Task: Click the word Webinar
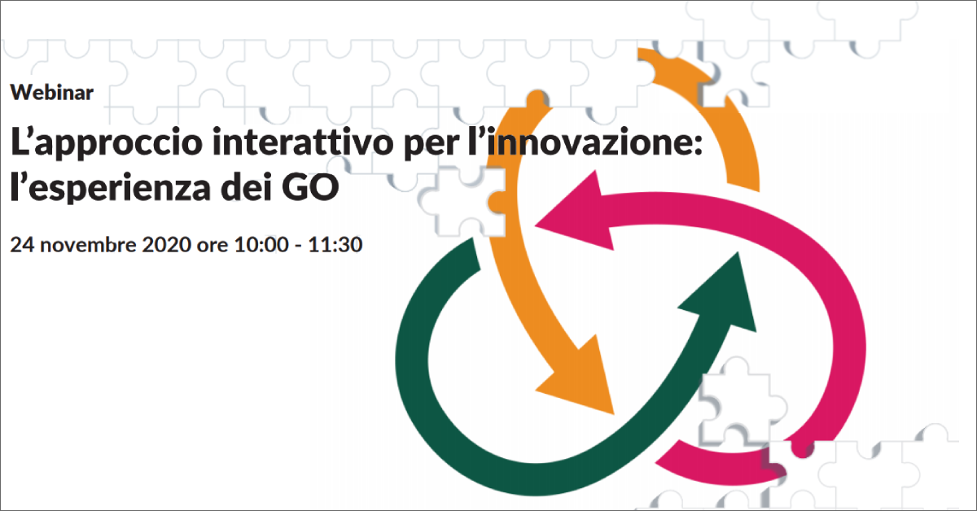pyautogui.click(x=52, y=93)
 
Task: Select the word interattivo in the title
pyautogui.click(x=303, y=142)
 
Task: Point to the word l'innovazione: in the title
pyautogui.click(x=585, y=142)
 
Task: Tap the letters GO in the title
pyautogui.click(x=310, y=187)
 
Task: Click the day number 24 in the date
pyautogui.click(x=22, y=245)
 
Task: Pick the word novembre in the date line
pyautogui.click(x=89, y=245)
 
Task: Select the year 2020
pyautogui.click(x=167, y=245)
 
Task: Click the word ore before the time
pyautogui.click(x=212, y=247)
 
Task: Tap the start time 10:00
pyautogui.click(x=261, y=245)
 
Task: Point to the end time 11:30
pyautogui.click(x=335, y=245)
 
